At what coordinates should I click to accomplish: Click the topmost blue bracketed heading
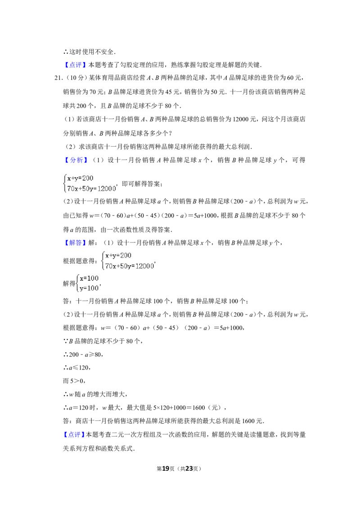click(x=75, y=65)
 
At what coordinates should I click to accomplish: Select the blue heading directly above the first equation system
click(x=77, y=161)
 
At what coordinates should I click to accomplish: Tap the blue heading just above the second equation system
click(x=75, y=243)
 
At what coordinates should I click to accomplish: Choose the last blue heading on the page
click(x=74, y=435)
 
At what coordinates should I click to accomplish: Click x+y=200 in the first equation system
click(x=80, y=179)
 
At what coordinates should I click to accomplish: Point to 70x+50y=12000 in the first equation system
click(x=91, y=189)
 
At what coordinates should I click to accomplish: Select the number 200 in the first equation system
click(x=87, y=179)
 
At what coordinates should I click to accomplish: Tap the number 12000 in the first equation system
click(x=107, y=189)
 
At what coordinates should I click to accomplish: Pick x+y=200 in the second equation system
click(x=118, y=256)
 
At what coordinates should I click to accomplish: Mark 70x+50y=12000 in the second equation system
click(x=130, y=267)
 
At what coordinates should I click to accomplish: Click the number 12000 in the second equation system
click(x=145, y=267)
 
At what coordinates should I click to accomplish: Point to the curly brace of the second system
click(x=103, y=261)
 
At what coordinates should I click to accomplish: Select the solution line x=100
click(x=89, y=278)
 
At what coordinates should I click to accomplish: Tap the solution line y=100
click(x=89, y=289)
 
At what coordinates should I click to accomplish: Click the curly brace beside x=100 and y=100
click(x=77, y=284)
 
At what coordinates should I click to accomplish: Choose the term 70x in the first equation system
click(x=72, y=189)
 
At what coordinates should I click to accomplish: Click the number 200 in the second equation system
click(x=126, y=256)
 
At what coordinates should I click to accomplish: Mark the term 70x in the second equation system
click(x=111, y=267)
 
